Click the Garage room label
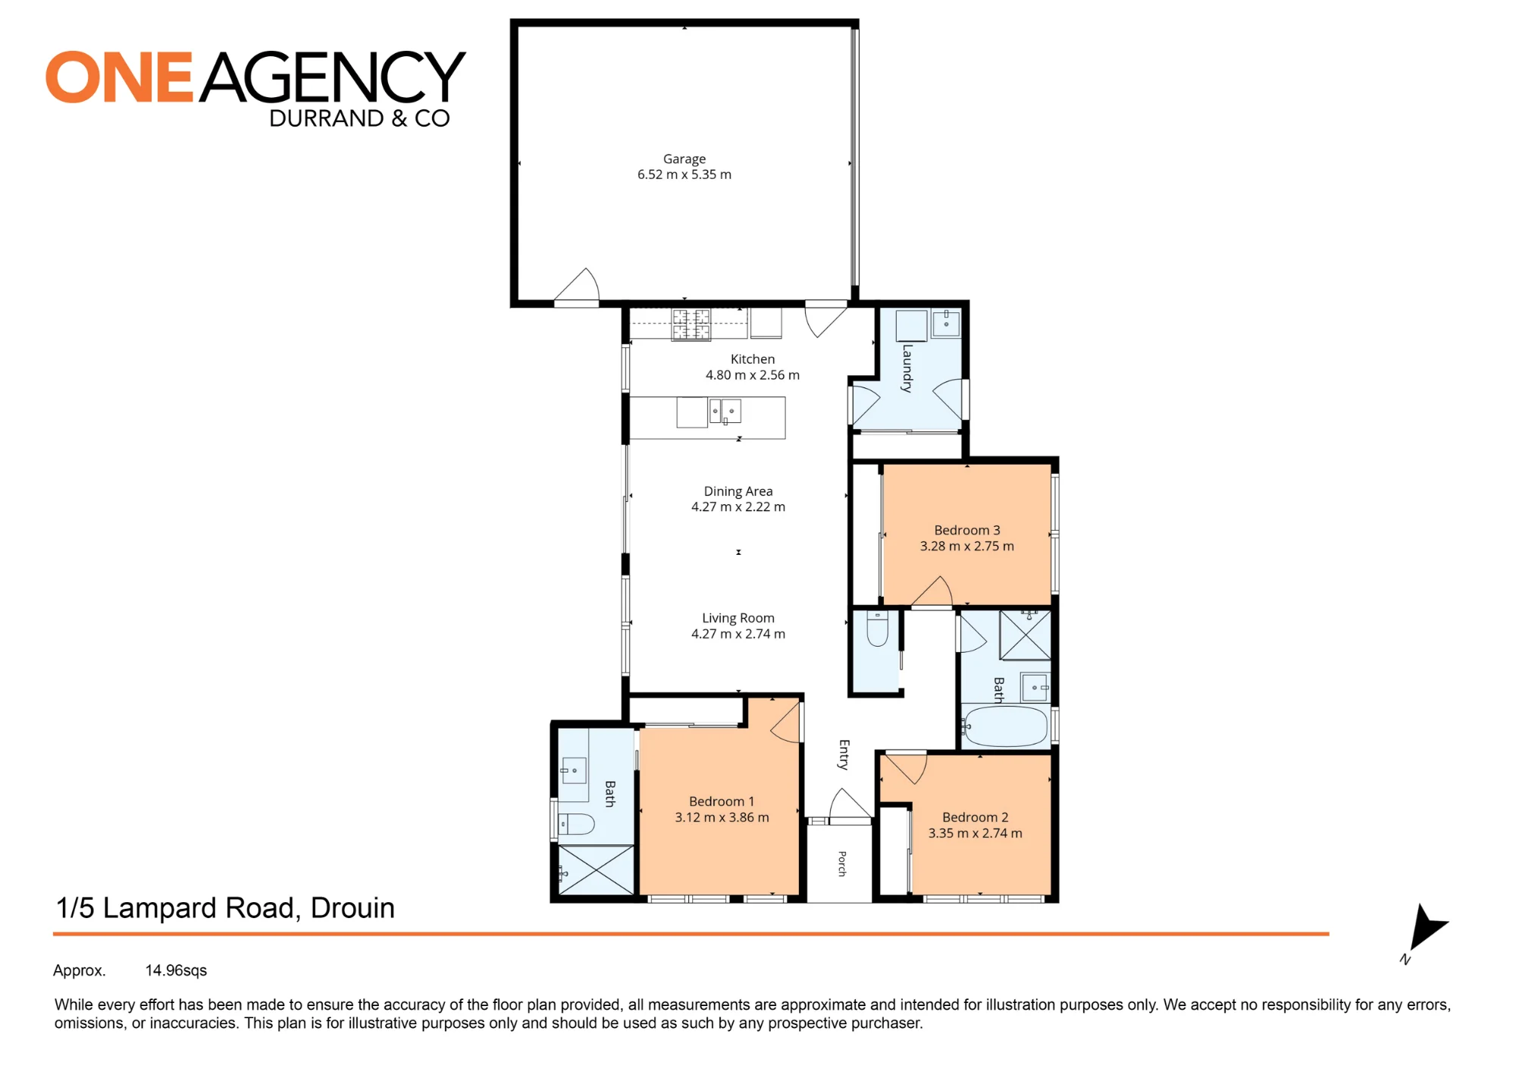684,159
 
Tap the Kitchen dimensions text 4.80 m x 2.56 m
752,375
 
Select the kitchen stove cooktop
691,324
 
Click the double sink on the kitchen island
725,412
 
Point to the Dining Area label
738,491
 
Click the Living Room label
738,618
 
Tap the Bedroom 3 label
967,530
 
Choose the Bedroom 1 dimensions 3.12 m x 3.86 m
722,817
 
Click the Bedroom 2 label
976,817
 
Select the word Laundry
907,368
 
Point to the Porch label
842,864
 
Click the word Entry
844,755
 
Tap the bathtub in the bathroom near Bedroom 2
1006,726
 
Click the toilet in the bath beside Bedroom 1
576,823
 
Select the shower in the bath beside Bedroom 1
596,870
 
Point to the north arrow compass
1425,929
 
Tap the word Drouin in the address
352,908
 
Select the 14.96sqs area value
176,970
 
